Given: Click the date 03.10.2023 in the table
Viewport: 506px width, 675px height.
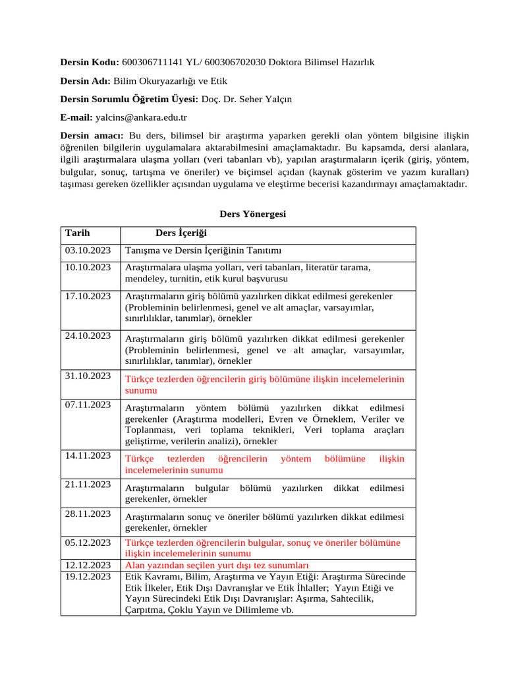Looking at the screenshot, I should (x=88, y=250).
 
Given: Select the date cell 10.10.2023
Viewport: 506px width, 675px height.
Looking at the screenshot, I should (x=88, y=267).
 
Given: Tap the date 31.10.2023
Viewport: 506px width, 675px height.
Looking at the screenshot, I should (x=88, y=376).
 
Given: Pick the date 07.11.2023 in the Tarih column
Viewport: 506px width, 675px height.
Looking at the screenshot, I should (x=88, y=405).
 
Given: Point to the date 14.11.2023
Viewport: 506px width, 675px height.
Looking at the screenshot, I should (x=88, y=455).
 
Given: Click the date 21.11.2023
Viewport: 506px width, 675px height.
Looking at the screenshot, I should (x=88, y=484).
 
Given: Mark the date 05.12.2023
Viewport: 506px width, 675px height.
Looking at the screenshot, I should (x=88, y=543).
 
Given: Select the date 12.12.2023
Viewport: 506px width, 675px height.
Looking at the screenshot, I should (x=88, y=565).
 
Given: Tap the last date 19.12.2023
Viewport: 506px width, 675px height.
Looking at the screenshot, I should (x=88, y=576).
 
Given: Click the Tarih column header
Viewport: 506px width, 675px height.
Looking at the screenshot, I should (x=77, y=233).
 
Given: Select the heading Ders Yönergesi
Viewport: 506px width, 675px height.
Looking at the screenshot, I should (x=252, y=214).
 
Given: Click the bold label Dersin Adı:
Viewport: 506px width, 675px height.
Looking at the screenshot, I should (x=85, y=80).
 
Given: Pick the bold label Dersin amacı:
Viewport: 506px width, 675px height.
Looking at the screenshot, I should (x=91, y=136).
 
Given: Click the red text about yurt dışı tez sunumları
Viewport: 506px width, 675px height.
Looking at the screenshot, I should (x=217, y=566).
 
